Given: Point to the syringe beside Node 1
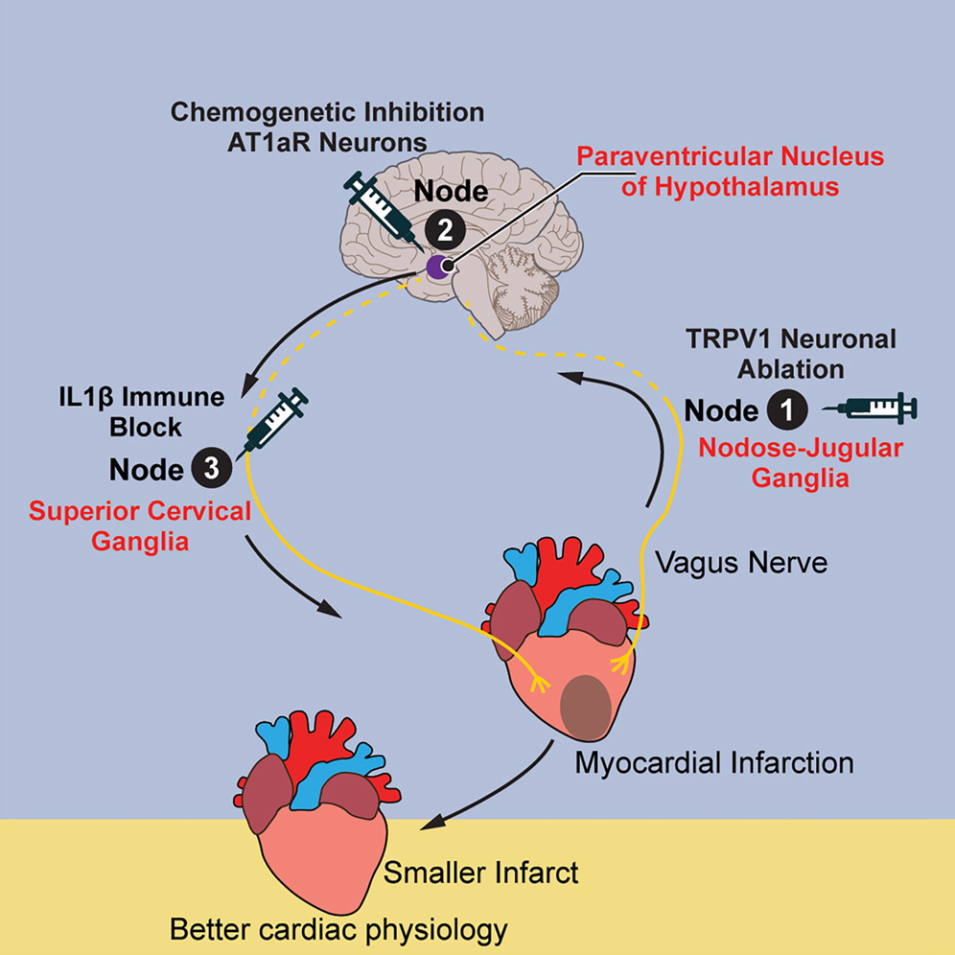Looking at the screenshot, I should pos(877,408).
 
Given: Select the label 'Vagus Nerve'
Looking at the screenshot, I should pos(741,563).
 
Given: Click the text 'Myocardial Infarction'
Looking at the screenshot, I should pos(714,764).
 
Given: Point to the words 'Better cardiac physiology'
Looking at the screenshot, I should pos(338,929).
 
